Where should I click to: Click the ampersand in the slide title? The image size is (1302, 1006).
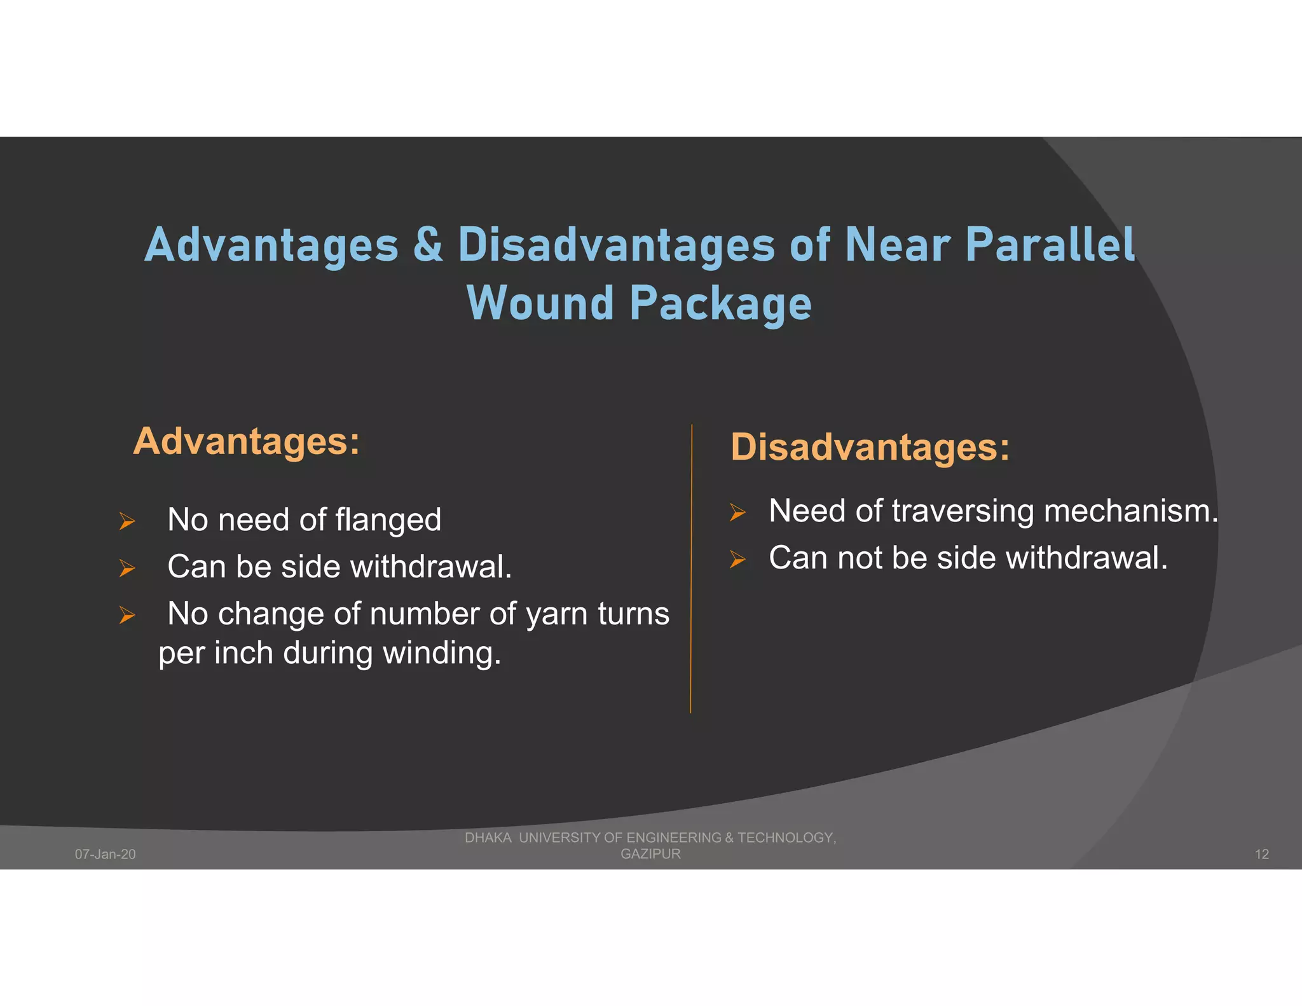pyautogui.click(x=428, y=245)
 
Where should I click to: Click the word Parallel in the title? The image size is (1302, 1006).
pyautogui.click(x=1050, y=245)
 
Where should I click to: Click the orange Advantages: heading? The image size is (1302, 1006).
pyautogui.click(x=246, y=441)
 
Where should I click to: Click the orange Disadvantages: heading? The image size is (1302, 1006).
pyautogui.click(x=870, y=447)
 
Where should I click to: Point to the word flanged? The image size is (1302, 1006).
pyautogui.click(x=388, y=521)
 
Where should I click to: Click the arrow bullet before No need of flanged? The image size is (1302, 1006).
pyautogui.click(x=127, y=521)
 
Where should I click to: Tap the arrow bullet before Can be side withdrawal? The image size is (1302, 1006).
pyautogui.click(x=127, y=568)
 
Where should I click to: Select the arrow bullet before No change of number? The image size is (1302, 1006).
pyautogui.click(x=127, y=615)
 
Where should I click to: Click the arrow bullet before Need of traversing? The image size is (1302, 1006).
pyautogui.click(x=737, y=512)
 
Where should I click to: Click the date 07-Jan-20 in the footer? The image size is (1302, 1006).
pyautogui.click(x=105, y=854)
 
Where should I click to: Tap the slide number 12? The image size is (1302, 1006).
pyautogui.click(x=1261, y=854)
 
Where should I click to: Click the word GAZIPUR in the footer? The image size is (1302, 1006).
pyautogui.click(x=650, y=854)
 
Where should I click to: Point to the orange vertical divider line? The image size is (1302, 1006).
pyautogui.click(x=691, y=572)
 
